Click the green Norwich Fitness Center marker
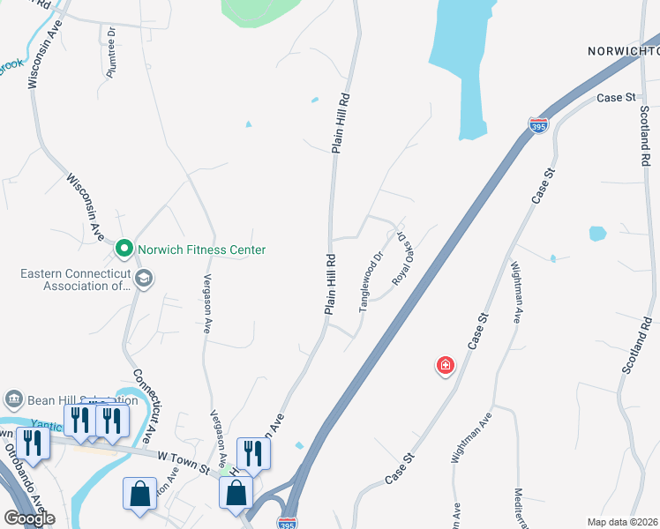click(x=124, y=250)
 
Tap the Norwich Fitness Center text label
click(x=200, y=250)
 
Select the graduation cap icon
click(x=143, y=280)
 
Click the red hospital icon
click(x=446, y=365)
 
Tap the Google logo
click(x=29, y=518)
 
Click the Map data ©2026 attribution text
click(x=622, y=522)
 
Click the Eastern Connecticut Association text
click(x=75, y=279)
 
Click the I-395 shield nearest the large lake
click(x=538, y=125)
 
